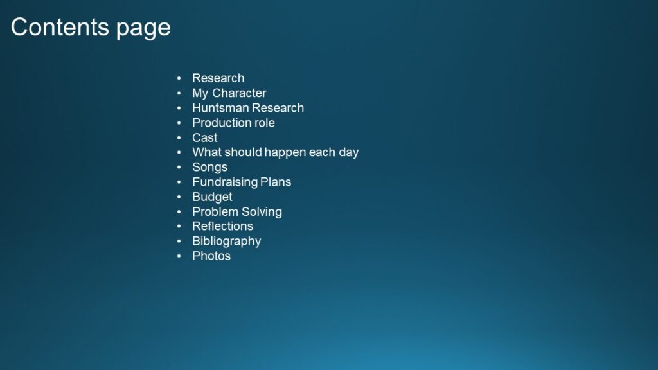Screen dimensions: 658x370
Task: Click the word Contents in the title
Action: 60,27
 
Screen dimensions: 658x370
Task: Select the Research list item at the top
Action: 218,78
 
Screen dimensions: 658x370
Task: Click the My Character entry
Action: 229,93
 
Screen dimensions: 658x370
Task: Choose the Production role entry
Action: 233,123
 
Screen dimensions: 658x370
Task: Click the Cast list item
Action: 205,137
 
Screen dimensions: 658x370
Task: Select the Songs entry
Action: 210,168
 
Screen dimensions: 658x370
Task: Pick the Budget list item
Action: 212,197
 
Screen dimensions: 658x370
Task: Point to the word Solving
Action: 263,212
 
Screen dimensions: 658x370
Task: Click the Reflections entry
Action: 223,227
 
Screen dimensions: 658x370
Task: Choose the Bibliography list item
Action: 227,242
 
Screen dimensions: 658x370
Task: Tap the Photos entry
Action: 211,256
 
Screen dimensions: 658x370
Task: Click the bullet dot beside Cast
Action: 179,137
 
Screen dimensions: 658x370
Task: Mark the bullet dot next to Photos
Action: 179,256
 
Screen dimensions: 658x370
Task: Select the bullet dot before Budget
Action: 179,197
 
